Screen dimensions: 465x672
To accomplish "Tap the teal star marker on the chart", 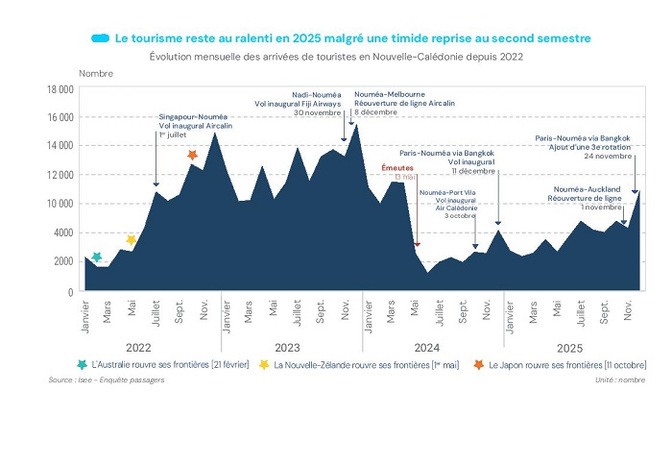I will pyautogui.click(x=96, y=257).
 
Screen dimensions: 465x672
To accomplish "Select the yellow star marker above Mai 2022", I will pyautogui.click(x=132, y=239).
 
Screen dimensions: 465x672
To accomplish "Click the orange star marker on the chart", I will pyautogui.click(x=192, y=155).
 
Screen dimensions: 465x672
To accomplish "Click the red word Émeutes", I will pyautogui.click(x=396, y=167).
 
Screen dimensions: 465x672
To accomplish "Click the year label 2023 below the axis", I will pyautogui.click(x=291, y=346).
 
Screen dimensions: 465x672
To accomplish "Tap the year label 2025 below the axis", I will pyautogui.click(x=571, y=346).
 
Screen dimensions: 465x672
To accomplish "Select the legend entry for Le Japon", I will pyautogui.click(x=566, y=365).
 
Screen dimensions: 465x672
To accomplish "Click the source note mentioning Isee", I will pyautogui.click(x=106, y=380).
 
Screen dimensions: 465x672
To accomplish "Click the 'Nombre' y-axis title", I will pyautogui.click(x=95, y=73).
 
